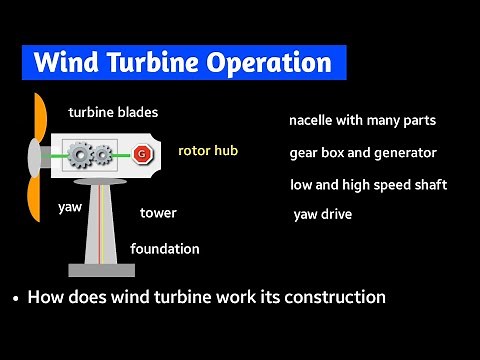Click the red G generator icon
[x=141, y=154]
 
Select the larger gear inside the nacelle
[x=79, y=155]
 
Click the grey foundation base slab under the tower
[x=101, y=269]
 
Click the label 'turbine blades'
[x=113, y=113]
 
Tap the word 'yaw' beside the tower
[x=69, y=208]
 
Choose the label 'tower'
[x=158, y=213]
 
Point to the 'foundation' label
[x=165, y=248]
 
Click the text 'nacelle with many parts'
[x=362, y=121]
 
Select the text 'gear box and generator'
[x=363, y=153]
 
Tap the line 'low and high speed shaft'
[x=368, y=185]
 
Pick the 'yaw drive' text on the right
[x=322, y=214]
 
